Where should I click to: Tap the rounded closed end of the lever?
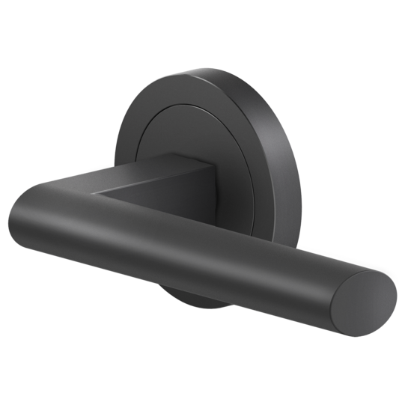point(22,217)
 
